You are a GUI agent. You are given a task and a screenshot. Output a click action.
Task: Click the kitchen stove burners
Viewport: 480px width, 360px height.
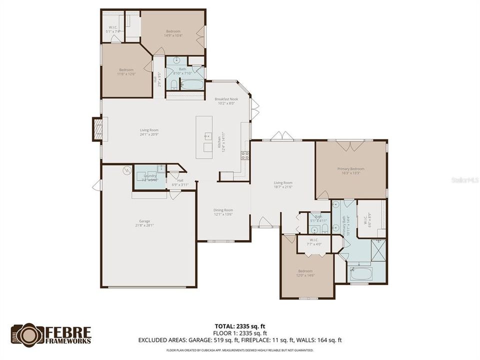pos(245,155)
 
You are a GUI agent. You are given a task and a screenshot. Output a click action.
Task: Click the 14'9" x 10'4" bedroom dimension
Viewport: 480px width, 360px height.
pos(173,35)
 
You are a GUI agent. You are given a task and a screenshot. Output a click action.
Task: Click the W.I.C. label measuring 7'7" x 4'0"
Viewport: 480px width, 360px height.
pos(314,241)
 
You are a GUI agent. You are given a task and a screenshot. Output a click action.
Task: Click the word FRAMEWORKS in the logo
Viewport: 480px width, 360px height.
pos(68,341)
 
